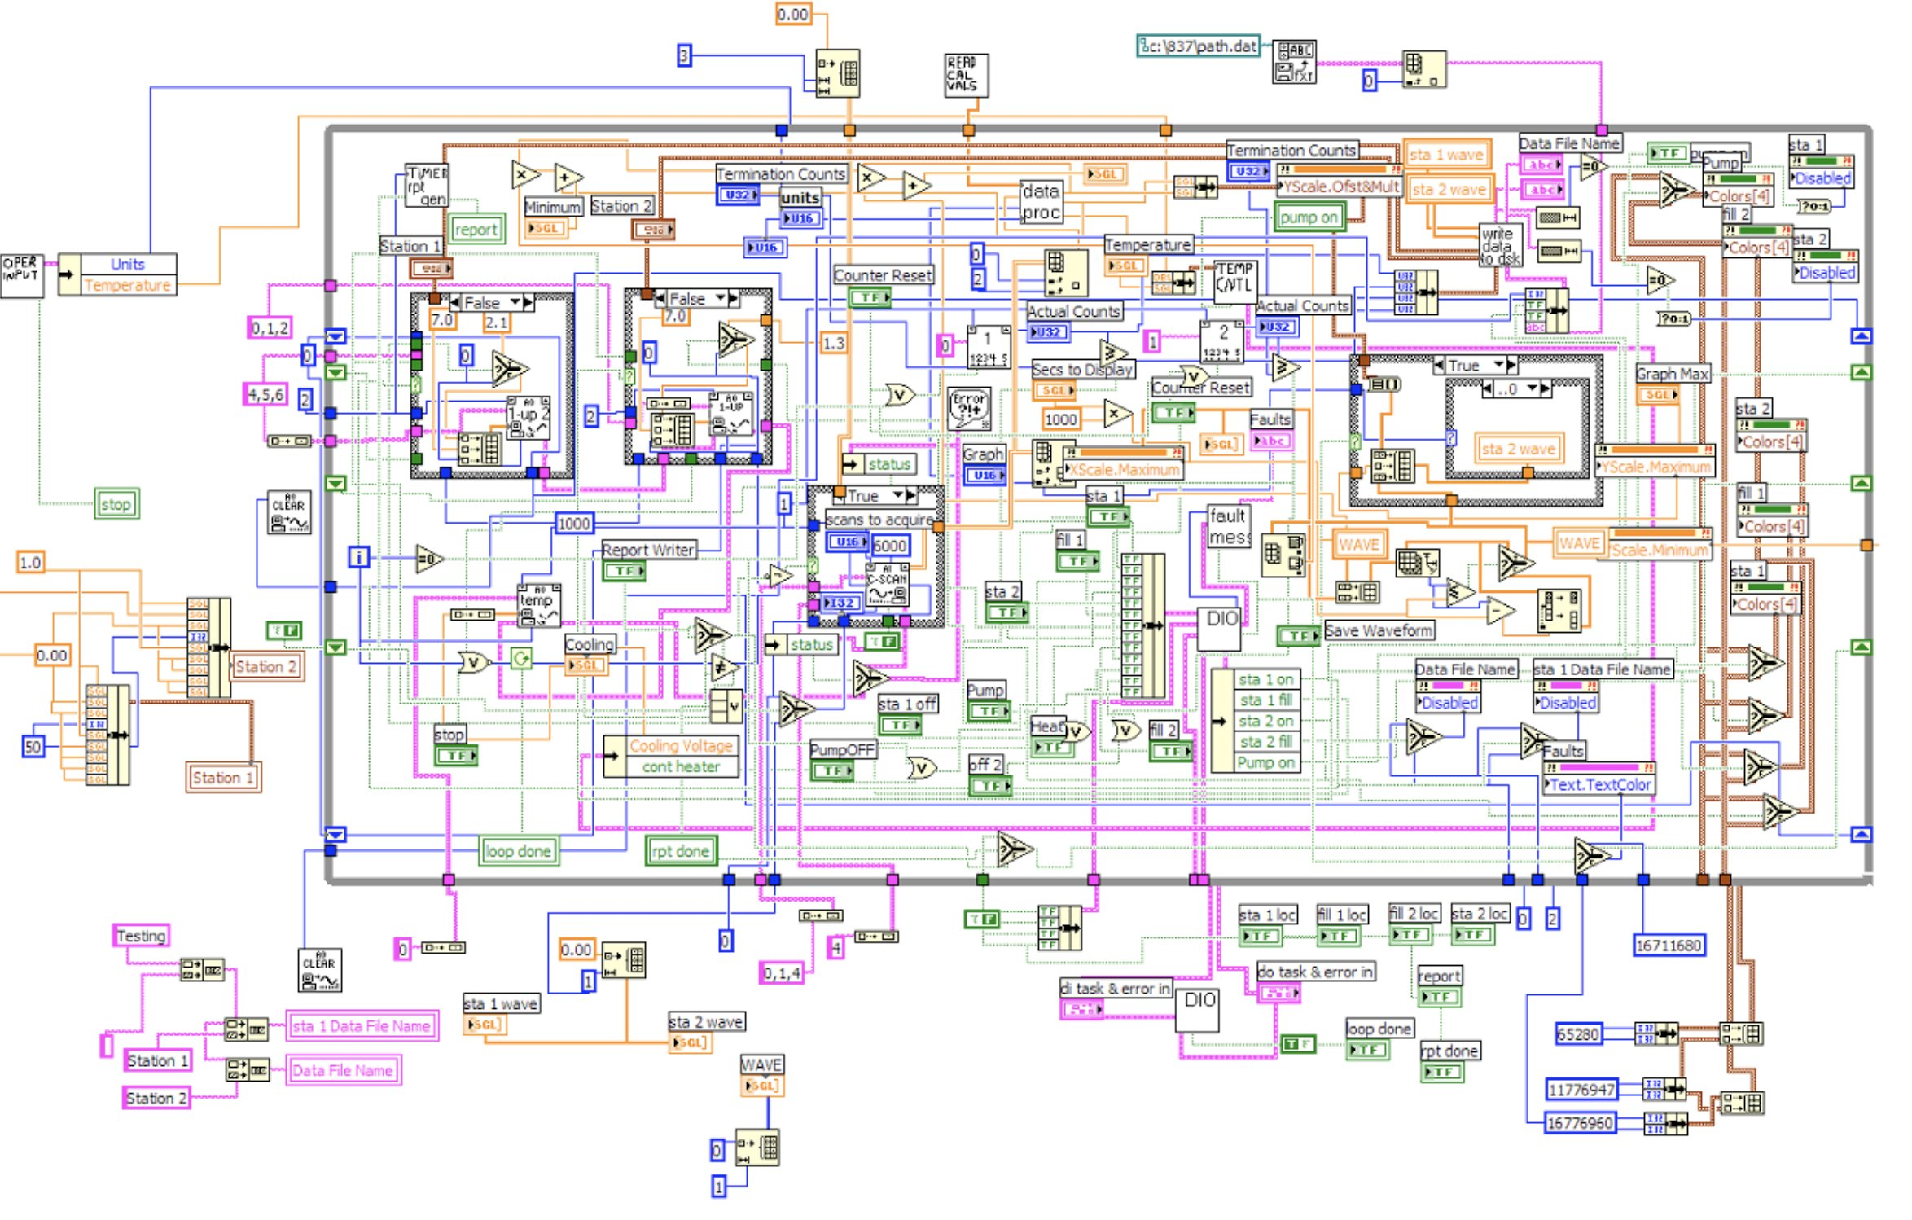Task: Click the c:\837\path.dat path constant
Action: (1199, 46)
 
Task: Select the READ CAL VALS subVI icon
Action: (965, 75)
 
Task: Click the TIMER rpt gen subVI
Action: (427, 186)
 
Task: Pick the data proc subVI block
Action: (1041, 201)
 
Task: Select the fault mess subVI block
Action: (1229, 527)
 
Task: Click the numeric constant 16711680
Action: (1669, 945)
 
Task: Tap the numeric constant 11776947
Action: (1581, 1089)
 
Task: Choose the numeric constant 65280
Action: (1578, 1033)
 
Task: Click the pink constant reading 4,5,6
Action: (266, 394)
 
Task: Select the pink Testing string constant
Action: (141, 935)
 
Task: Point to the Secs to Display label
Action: (1082, 369)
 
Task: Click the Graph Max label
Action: (1673, 374)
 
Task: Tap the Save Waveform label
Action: (1379, 630)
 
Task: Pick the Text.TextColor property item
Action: (1600, 784)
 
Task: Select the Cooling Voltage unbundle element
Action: (681, 745)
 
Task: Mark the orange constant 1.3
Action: (833, 343)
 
